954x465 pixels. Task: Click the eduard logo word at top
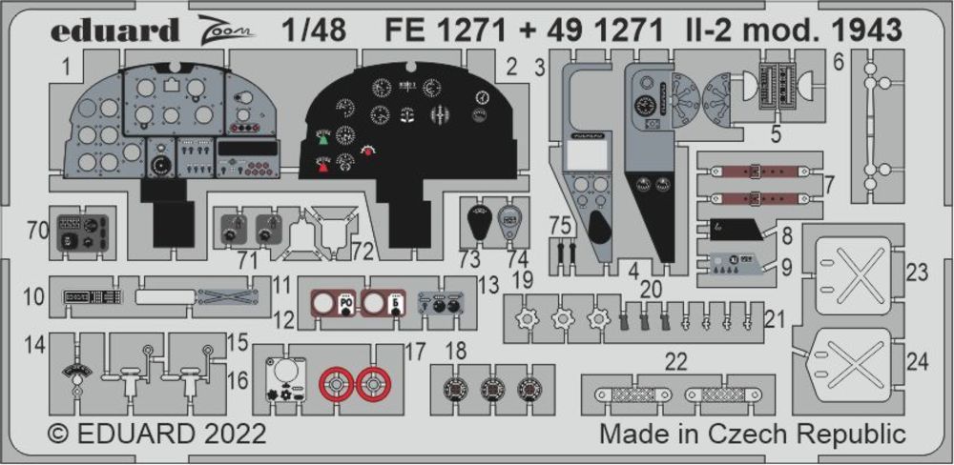[x=113, y=30]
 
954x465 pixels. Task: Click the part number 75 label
[x=562, y=224]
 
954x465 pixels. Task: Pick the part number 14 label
[x=36, y=344]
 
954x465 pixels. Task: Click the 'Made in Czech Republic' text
[x=752, y=435]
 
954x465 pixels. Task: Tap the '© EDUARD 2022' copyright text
[x=156, y=435]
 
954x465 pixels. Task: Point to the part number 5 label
[x=776, y=134]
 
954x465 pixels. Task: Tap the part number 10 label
[x=34, y=296]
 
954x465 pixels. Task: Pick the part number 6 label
[x=838, y=63]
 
